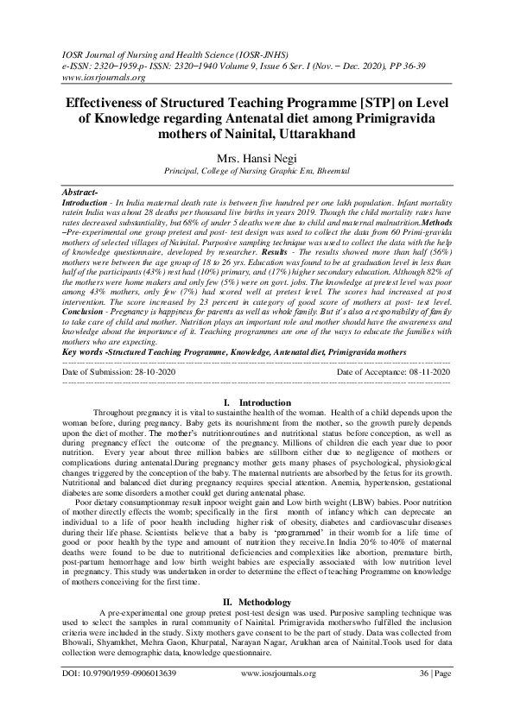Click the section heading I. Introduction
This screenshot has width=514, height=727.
(x=257, y=402)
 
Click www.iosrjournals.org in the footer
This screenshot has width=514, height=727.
(x=274, y=695)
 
